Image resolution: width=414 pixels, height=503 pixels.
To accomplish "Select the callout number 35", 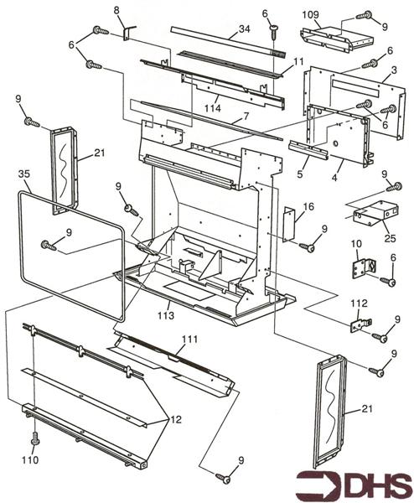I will pos(24,174).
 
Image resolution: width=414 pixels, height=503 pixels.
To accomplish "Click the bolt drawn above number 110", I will pos(34,438).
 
